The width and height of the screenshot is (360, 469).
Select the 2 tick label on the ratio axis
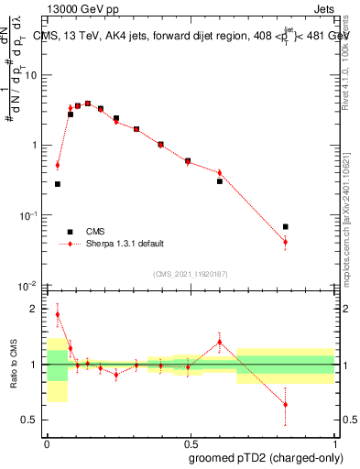[36, 310]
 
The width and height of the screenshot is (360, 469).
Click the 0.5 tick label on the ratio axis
[32, 420]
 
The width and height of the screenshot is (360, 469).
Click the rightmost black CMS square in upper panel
[286, 226]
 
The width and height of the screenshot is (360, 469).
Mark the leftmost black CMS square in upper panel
[58, 184]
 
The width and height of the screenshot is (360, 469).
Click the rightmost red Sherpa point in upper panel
[286, 242]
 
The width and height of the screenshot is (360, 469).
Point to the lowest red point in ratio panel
[286, 404]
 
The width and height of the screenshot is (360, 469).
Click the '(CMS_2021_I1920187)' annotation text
[191, 273]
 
